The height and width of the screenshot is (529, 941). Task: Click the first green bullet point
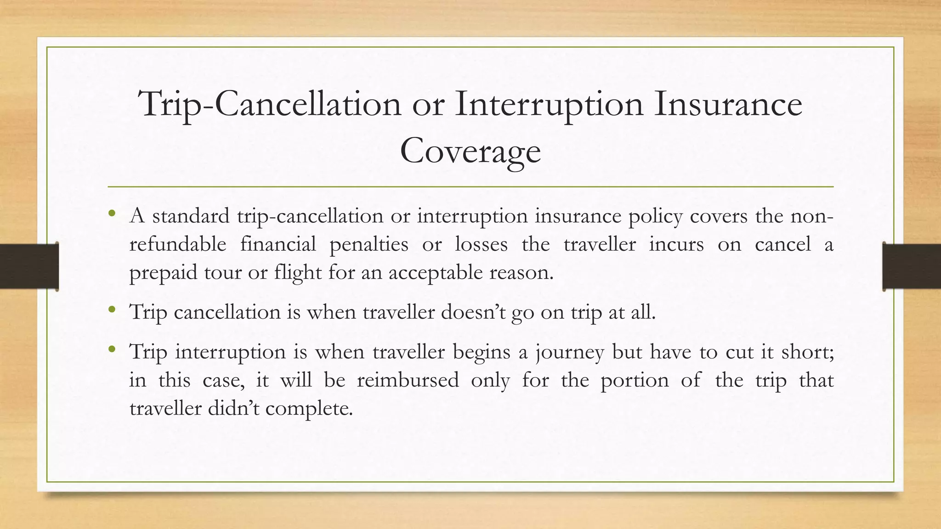pyautogui.click(x=112, y=213)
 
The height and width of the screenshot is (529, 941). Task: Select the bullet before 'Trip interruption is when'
pyautogui.click(x=112, y=349)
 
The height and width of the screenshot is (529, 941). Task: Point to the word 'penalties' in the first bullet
pyautogui.click(x=368, y=244)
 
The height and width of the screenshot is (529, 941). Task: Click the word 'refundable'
pyautogui.click(x=178, y=244)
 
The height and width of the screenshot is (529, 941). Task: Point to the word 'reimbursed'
pyautogui.click(x=408, y=380)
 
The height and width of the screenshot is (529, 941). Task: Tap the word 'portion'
pyautogui.click(x=635, y=380)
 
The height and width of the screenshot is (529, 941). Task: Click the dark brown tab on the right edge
pyautogui.click(x=911, y=266)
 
